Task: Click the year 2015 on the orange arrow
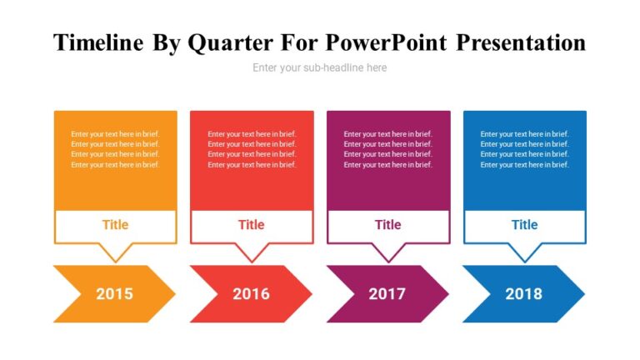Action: pos(114,293)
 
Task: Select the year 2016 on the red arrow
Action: pos(251,293)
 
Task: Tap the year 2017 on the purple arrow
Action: pos(387,293)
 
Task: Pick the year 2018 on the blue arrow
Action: pos(523,293)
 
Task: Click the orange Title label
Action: pos(115,224)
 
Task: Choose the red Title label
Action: pos(251,224)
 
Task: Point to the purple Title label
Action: pos(387,224)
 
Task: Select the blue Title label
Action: pos(524,224)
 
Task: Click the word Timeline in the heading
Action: pos(98,42)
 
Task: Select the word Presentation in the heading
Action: pos(522,42)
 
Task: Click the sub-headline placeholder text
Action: pos(320,67)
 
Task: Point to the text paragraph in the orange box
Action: pos(115,149)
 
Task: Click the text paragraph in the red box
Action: pos(252,149)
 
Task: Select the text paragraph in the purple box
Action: pos(387,149)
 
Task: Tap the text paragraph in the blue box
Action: pos(524,149)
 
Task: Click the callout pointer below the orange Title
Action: pos(115,252)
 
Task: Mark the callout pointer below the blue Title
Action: pos(524,252)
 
